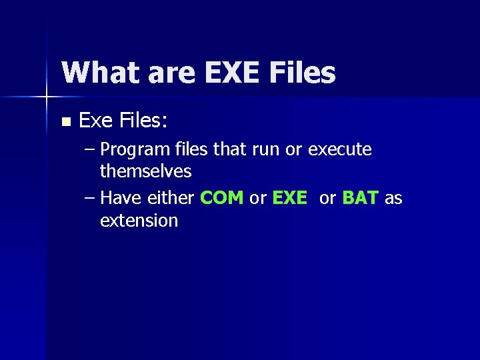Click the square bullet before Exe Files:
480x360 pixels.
point(65,122)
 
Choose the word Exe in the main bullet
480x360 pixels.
point(97,121)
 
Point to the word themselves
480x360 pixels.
point(145,171)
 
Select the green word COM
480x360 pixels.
point(222,198)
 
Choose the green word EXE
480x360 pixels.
point(290,198)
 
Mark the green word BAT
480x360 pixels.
point(361,198)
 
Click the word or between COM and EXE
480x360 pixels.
point(258,198)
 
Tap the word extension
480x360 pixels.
point(139,220)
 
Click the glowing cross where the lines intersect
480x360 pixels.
point(47,97)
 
